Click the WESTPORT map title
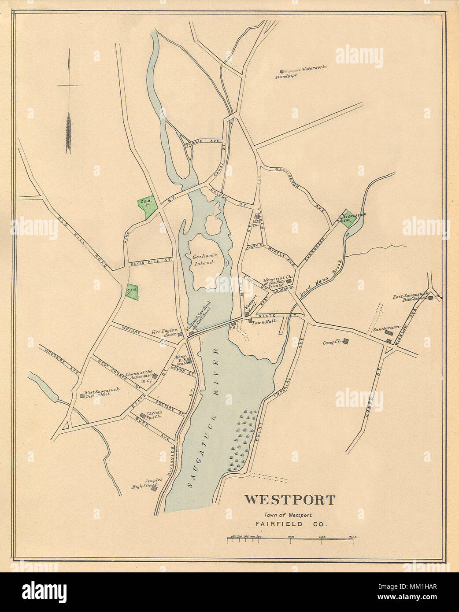click(289, 500)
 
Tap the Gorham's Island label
click(203, 259)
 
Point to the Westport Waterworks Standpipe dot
click(282, 71)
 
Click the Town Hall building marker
click(250, 321)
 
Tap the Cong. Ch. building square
click(346, 340)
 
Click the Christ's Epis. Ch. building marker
click(142, 415)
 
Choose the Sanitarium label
click(380, 328)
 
